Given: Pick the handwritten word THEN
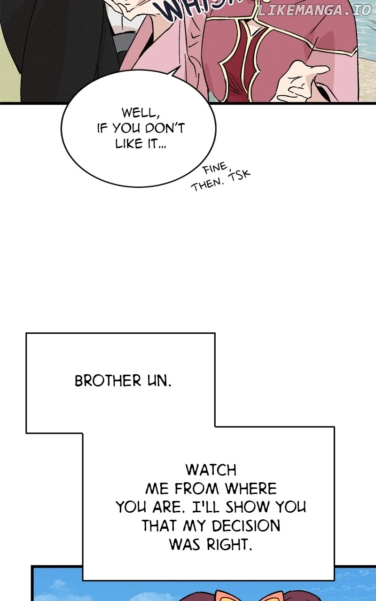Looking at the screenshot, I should click(206, 185).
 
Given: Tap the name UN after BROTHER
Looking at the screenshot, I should click(157, 381).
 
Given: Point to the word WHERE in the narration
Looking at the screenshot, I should click(251, 489).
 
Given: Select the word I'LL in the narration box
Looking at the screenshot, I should click(209, 508).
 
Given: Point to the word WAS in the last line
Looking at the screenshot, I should click(186, 545).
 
